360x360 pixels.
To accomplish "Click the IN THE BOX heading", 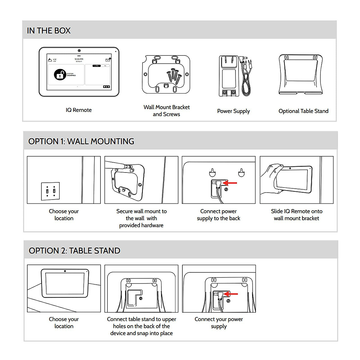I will point(49,31).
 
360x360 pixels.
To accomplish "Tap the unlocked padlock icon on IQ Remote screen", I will point(60,74).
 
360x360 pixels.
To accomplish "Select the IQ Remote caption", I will point(79,110).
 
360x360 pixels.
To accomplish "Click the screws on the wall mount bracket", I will point(174,75).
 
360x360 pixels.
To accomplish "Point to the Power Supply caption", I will point(233,111).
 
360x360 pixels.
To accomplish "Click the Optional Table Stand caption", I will point(303,111).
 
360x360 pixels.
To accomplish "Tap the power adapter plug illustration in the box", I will point(229,76).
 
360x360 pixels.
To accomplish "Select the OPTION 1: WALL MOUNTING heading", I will point(81,141).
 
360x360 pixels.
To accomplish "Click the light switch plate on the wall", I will point(50,191).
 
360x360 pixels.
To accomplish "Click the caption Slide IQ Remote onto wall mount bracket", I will point(296,215).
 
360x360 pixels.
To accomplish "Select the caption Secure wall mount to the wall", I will point(141,218).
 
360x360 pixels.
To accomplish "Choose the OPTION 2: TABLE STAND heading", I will point(74,250).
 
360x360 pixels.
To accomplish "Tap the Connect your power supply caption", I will point(219,322).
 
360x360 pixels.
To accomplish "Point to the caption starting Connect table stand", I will point(141,326).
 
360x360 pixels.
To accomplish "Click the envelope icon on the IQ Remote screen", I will point(108,60).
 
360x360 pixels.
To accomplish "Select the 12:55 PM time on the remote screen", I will point(79,59).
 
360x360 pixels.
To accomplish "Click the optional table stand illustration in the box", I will point(301,74).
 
